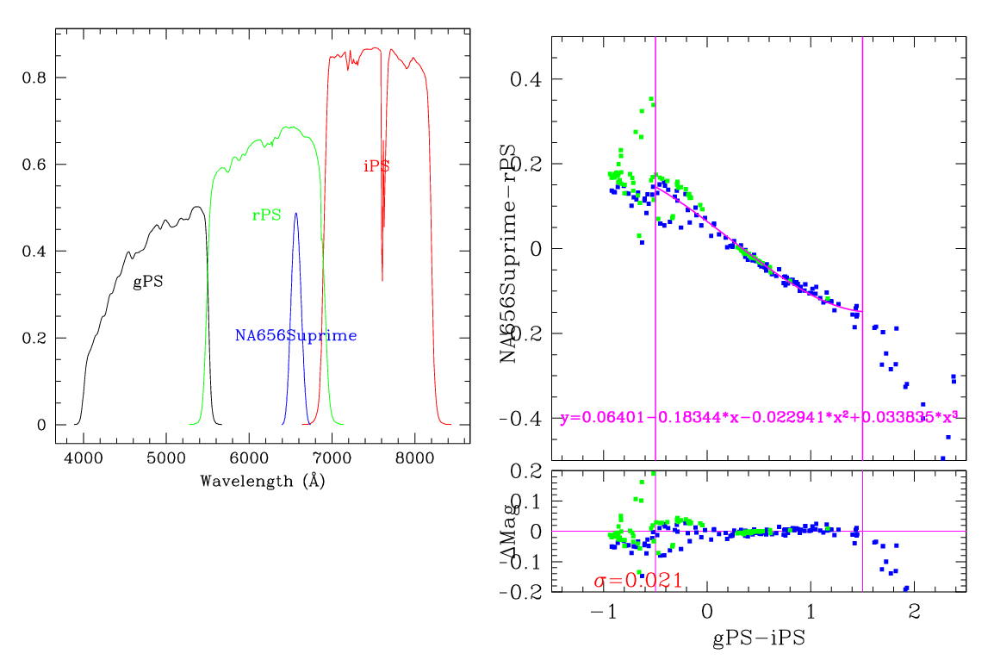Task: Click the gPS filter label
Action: click(148, 282)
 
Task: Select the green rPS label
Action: click(266, 215)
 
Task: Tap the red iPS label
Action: click(376, 166)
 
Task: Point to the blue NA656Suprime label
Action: click(295, 335)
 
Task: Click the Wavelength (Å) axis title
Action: click(262, 481)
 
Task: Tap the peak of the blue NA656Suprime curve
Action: click(295, 214)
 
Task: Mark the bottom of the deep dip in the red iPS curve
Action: click(382, 280)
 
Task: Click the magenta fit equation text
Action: click(758, 418)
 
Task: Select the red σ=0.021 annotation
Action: click(638, 581)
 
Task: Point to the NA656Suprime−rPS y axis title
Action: click(509, 253)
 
